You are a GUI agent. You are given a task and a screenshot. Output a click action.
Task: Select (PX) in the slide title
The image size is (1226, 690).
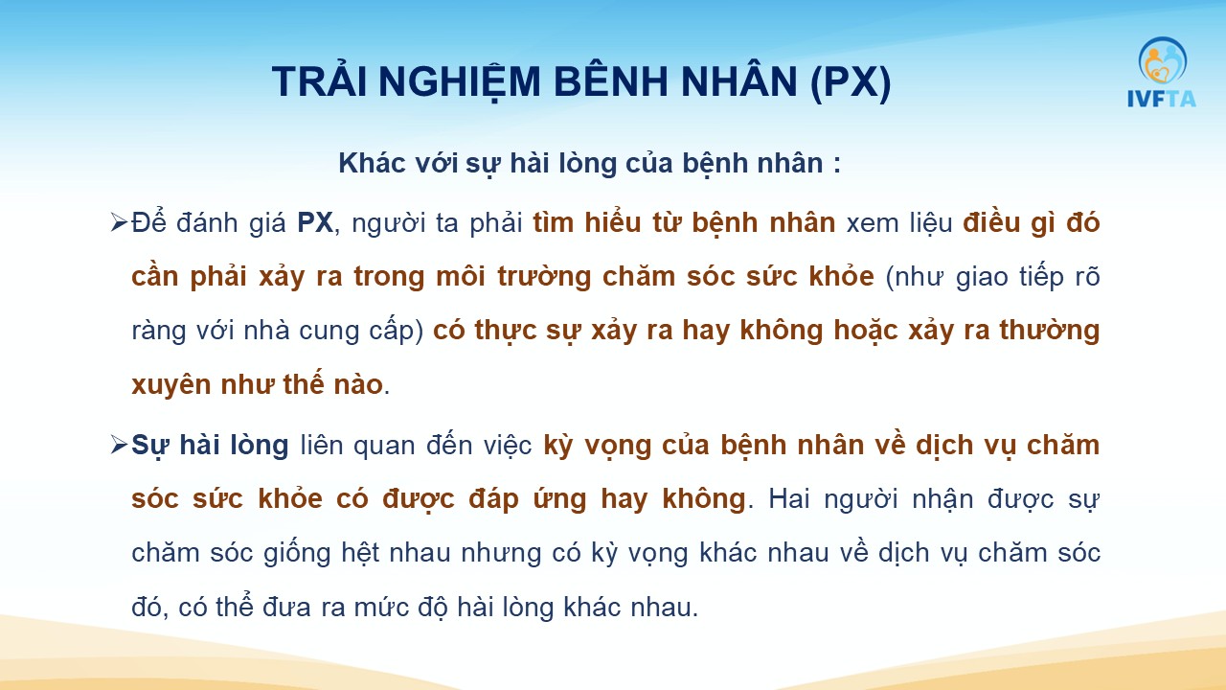[x=851, y=82]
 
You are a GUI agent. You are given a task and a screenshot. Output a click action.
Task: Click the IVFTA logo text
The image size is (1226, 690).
[x=1162, y=99]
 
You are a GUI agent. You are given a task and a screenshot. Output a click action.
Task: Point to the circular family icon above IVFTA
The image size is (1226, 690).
[x=1163, y=60]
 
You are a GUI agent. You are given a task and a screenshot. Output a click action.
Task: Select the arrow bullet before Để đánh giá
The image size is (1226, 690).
[x=119, y=222]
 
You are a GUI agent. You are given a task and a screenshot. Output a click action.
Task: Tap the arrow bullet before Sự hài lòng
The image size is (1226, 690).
[x=119, y=444]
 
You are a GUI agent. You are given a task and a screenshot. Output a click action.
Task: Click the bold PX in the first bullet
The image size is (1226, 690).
[x=315, y=223]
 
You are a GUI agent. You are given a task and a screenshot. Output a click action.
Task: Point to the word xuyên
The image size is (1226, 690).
[x=171, y=384]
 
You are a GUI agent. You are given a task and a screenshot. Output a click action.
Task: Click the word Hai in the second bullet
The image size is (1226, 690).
[x=788, y=498]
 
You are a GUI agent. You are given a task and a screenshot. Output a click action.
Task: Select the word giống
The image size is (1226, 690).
[x=297, y=553]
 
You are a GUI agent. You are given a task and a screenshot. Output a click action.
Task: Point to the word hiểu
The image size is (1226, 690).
[x=612, y=222]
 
